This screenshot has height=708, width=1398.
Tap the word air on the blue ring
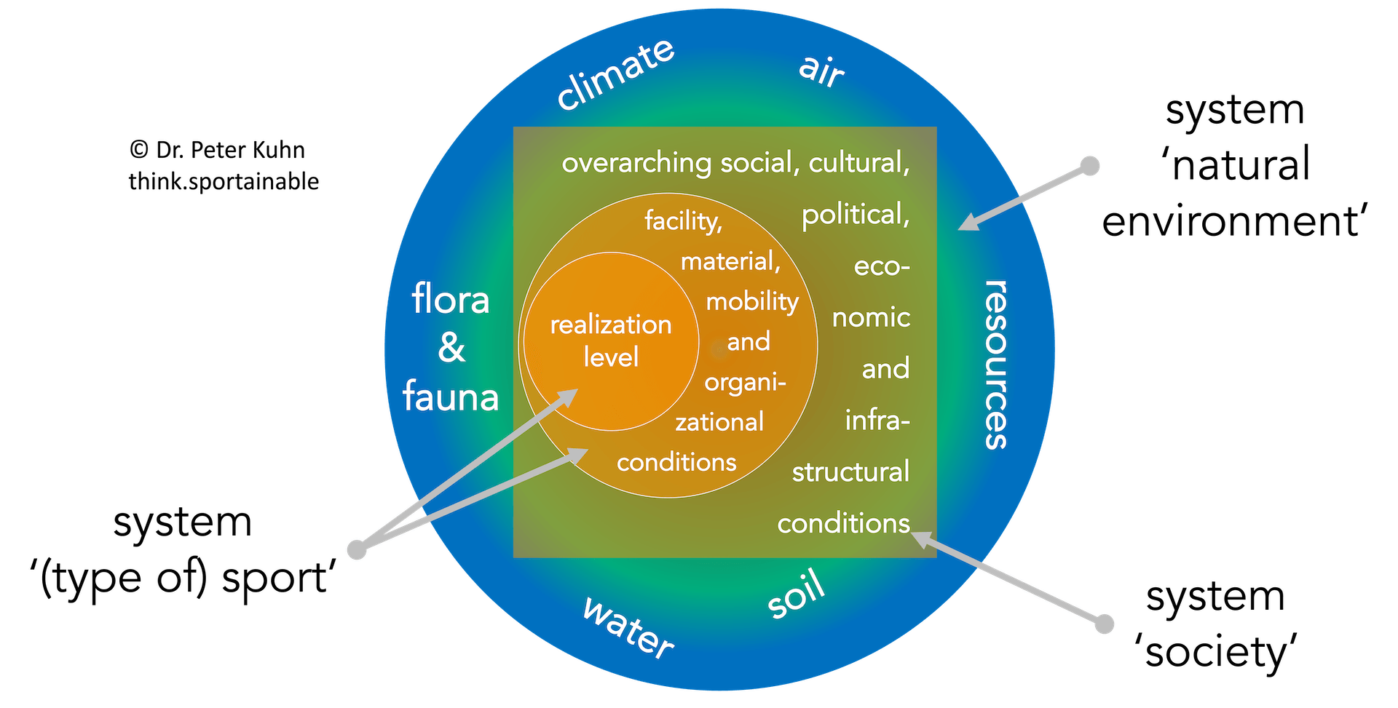821,71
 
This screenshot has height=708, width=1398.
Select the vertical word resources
996,364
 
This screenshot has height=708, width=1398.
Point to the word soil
797,595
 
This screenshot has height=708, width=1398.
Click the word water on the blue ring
628,628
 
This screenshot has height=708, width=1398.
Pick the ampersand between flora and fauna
451,348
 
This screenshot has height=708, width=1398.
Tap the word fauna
451,397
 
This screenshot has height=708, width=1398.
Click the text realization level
611,341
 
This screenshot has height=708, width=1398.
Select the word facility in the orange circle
683,220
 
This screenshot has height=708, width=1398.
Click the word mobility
752,301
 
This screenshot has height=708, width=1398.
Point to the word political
856,215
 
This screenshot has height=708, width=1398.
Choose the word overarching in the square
636,163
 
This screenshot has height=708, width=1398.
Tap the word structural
850,472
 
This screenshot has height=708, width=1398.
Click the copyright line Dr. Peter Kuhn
218,150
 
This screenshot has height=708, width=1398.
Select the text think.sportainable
224,181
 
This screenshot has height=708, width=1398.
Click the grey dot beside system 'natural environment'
1089,166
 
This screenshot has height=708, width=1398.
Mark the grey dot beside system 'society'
1105,624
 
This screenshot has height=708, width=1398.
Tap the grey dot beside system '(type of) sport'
357,549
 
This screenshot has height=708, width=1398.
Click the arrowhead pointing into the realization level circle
568,397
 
